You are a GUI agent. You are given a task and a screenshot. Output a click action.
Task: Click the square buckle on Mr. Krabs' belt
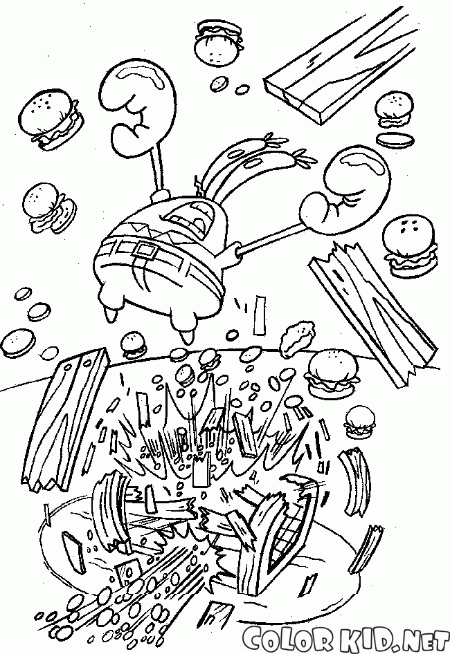coord(147,252)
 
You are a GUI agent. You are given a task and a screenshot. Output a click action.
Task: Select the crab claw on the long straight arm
coord(346,187)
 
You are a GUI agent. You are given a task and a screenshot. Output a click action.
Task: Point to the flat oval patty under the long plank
coord(394,138)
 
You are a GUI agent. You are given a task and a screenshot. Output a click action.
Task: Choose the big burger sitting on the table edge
coord(332,372)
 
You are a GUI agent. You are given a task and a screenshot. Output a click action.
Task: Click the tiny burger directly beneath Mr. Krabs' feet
coord(134,345)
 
